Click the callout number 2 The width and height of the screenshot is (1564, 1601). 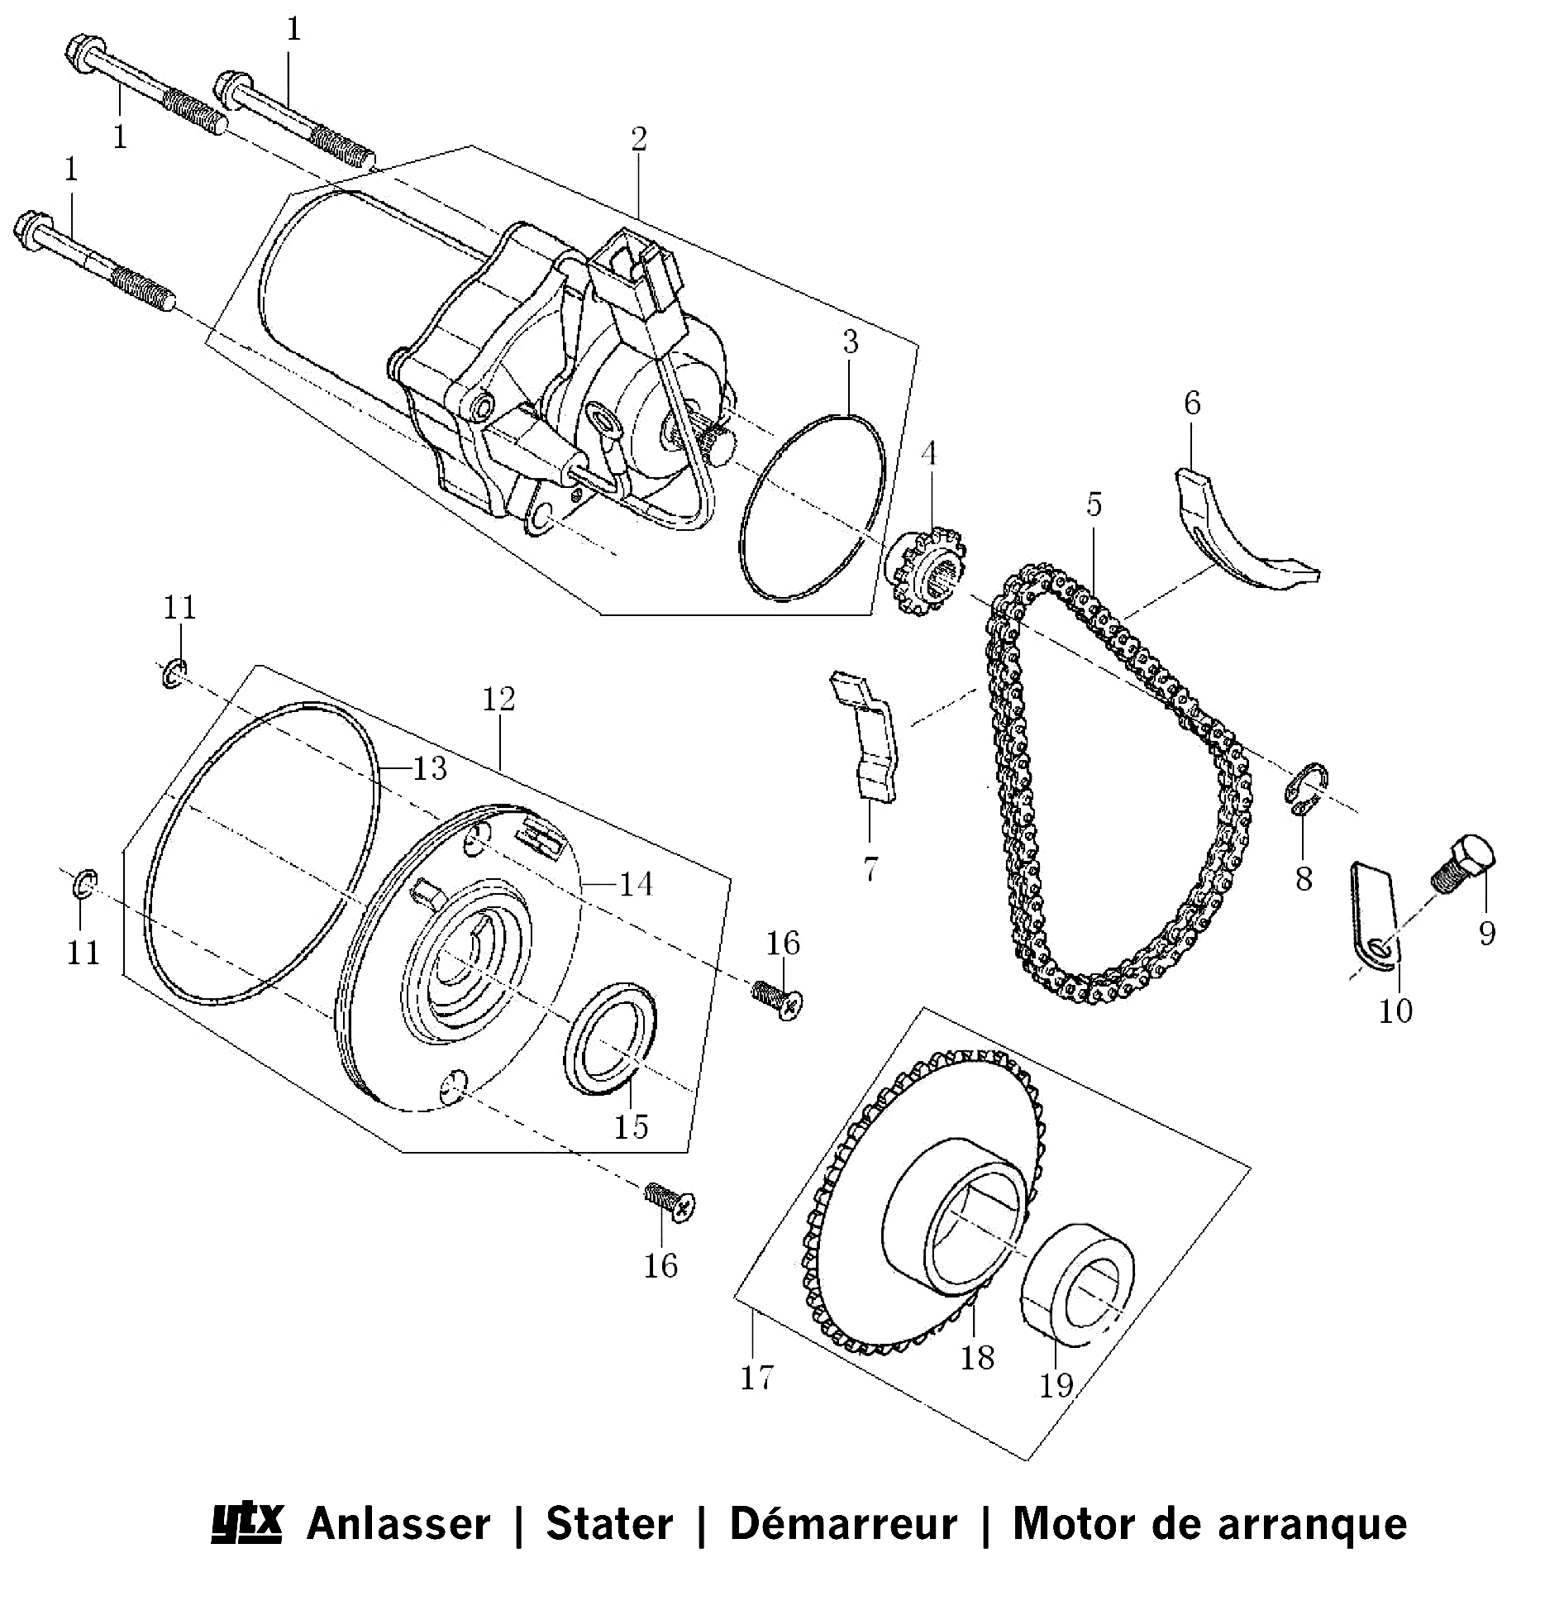coord(638,139)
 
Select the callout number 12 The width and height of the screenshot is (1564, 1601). coord(498,700)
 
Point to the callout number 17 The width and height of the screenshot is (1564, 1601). coord(757,1378)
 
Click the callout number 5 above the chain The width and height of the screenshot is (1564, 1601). coord(1094,504)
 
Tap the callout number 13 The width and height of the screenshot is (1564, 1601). coord(430,768)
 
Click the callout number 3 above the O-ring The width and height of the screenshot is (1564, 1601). coord(851,342)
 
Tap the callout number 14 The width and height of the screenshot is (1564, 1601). coord(637,884)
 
